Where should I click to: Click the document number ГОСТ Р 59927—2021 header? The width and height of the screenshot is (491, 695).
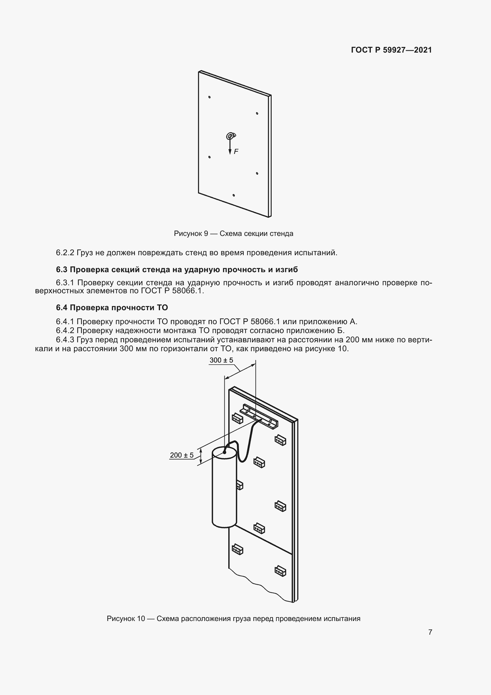pos(391,50)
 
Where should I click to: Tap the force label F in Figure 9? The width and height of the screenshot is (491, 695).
pos(236,151)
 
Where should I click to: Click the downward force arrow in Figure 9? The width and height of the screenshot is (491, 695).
pos(230,146)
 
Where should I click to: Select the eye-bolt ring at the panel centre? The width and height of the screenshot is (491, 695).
pos(230,136)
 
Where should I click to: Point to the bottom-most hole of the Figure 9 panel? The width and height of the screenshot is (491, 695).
pos(234,195)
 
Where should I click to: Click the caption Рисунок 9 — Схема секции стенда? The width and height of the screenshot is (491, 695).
pos(233,234)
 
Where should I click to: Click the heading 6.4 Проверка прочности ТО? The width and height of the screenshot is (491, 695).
pos(112,308)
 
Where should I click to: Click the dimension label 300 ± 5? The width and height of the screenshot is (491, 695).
pos(221,360)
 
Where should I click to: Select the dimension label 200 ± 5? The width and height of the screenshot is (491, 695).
pos(182,455)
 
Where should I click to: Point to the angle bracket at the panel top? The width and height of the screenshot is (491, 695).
pos(259,416)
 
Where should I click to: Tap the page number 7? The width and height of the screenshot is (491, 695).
pos(430,632)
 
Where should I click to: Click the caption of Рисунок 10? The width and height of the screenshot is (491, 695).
pos(233,618)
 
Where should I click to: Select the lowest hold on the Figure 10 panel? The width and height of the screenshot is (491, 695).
pos(280,571)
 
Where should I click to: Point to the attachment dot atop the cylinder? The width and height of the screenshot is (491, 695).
pos(224,453)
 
